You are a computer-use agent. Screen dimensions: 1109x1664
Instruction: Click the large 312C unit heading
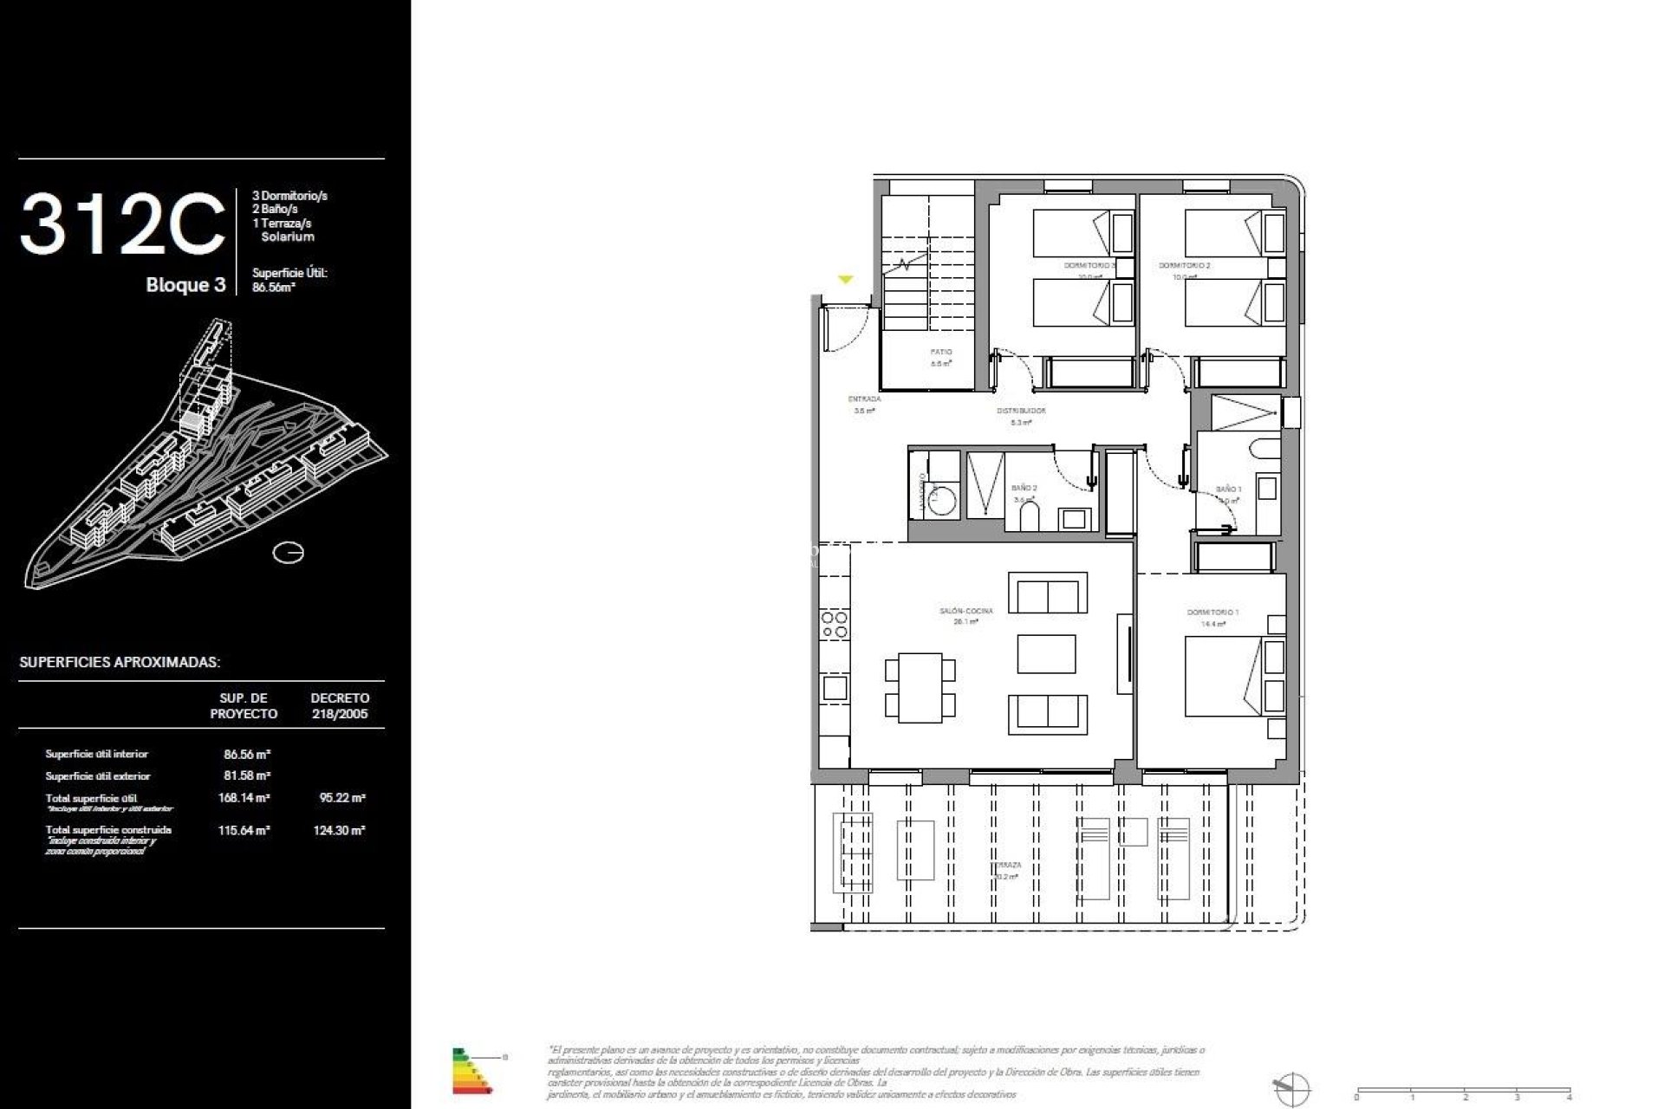[x=122, y=224]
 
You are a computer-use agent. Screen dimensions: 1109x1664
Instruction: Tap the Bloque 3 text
[x=185, y=285]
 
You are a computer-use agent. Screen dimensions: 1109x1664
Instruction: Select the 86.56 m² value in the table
[x=247, y=755]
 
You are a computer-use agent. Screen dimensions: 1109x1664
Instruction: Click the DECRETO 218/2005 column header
[x=340, y=706]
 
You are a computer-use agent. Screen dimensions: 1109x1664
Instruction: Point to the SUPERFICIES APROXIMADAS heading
[x=120, y=663]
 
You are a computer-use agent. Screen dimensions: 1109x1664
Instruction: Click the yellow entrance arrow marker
[x=846, y=280]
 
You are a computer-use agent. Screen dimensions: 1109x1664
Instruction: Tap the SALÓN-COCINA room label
[x=965, y=612]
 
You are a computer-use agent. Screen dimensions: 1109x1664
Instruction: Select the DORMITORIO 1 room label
[x=1212, y=613]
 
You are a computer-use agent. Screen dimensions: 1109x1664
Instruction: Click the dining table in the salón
[x=920, y=688]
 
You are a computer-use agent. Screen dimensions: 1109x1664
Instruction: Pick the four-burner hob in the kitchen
[x=835, y=625]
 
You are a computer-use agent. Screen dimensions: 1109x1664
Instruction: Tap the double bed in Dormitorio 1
[x=1224, y=676]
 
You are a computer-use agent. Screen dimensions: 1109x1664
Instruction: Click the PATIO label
[x=940, y=353]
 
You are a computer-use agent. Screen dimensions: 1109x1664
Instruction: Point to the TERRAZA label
[x=1006, y=865]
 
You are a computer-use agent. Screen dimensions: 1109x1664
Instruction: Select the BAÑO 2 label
[x=1024, y=489]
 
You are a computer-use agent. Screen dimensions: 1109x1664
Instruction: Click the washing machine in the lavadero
[x=934, y=498]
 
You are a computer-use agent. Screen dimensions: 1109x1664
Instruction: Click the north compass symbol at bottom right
[x=1291, y=1087]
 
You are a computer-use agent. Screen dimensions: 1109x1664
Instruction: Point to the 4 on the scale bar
[x=1570, y=1098]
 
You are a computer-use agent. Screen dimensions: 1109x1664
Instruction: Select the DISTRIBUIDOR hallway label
[x=1021, y=411]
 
